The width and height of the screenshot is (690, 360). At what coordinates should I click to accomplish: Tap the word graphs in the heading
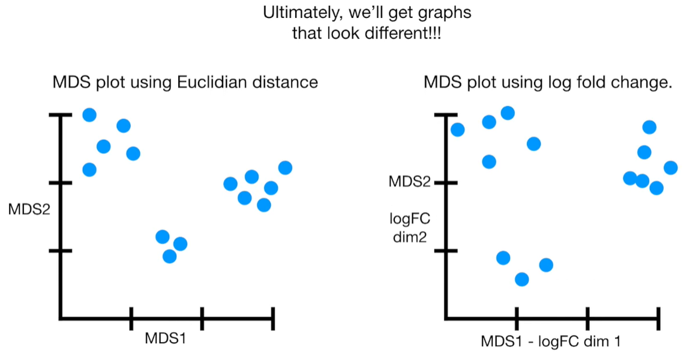coord(445,13)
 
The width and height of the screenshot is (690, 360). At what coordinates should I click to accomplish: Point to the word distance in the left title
coord(284,82)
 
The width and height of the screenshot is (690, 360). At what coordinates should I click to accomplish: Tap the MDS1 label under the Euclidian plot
coord(165,338)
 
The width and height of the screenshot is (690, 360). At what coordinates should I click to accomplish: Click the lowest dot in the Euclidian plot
coord(170,256)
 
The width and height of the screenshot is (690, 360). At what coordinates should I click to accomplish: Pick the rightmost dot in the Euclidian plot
coord(285,168)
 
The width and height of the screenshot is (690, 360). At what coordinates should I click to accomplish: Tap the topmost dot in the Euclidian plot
coord(89,115)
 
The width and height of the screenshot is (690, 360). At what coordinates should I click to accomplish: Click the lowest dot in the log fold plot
coord(522,279)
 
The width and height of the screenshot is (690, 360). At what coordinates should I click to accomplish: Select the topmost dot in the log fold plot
coord(508,113)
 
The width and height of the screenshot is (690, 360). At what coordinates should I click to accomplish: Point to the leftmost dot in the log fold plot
coord(457,130)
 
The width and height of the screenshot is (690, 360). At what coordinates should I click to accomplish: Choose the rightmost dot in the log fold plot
coord(671,167)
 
